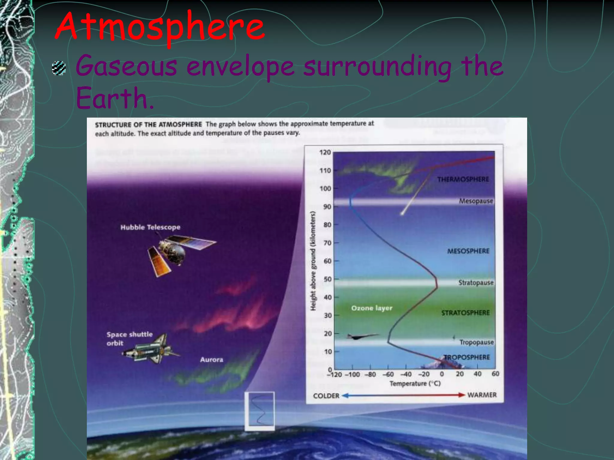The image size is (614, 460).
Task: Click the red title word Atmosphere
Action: tap(159, 27)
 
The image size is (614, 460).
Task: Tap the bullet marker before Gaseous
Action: tap(59, 68)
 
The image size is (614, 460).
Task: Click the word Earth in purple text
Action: tap(115, 98)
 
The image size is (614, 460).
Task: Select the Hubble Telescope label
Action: tap(151, 227)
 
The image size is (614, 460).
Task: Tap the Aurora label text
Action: tap(212, 360)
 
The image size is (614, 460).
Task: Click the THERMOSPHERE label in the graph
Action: tap(463, 179)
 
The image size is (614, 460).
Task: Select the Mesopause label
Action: tap(476, 201)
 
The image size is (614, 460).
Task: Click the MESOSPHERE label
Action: tap(468, 251)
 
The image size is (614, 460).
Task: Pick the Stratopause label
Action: tap(475, 283)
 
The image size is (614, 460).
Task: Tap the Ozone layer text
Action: tap(372, 308)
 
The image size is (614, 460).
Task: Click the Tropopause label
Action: tap(476, 342)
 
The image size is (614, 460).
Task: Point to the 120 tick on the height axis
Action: tap(325, 152)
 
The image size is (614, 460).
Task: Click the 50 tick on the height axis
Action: tap(327, 279)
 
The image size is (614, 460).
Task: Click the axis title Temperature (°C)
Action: tap(415, 384)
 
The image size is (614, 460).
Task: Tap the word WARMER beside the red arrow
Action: tap(482, 395)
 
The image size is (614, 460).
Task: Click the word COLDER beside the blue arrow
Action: tap(326, 396)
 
